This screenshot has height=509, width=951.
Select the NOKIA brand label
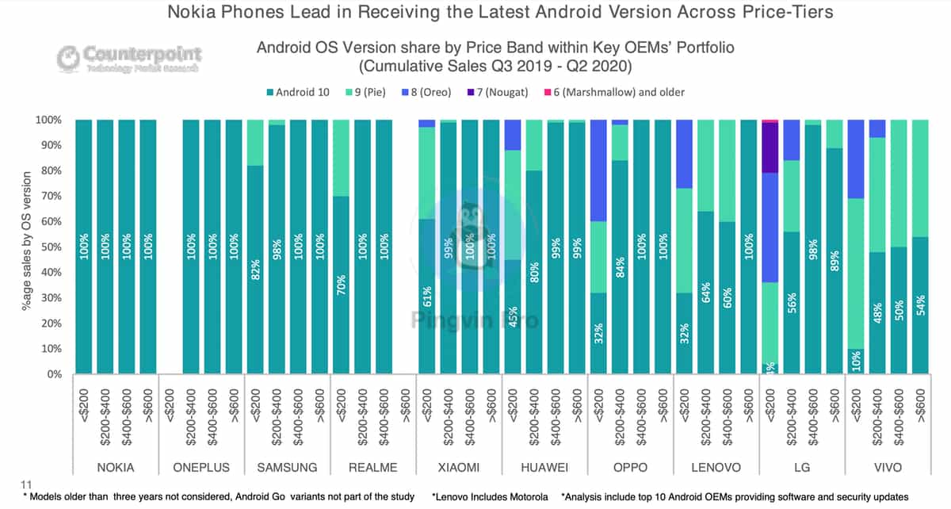pyautogui.click(x=116, y=466)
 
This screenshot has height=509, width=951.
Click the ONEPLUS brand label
pyautogui.click(x=201, y=466)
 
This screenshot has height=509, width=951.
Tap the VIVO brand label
pyautogui.click(x=888, y=466)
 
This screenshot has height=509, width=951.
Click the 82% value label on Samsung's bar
pyautogui.click(x=255, y=270)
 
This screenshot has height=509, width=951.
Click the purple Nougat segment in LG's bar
pyautogui.click(x=768, y=148)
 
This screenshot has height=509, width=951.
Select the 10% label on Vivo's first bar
pyautogui.click(x=855, y=360)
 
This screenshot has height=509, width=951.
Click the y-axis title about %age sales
pyautogui.click(x=27, y=247)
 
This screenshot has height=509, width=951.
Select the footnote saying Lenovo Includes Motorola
pyautogui.click(x=490, y=497)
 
